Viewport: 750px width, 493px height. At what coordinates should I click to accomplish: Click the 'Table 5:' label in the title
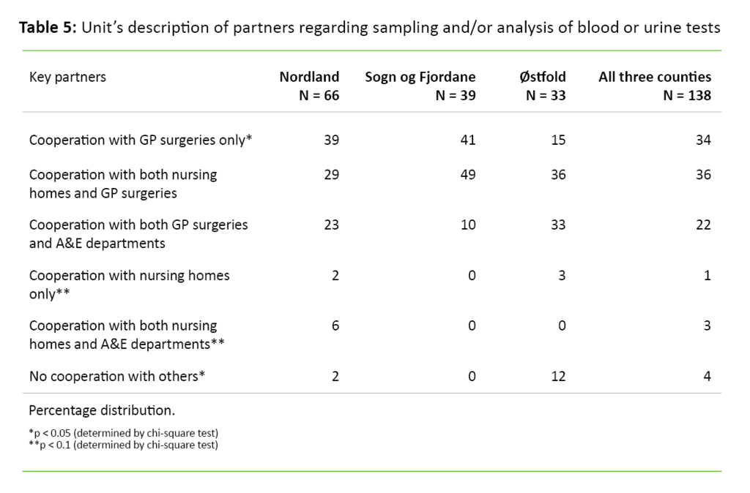[48, 29]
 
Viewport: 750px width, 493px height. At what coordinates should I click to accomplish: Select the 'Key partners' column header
[67, 77]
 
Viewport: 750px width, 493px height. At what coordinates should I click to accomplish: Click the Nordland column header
[309, 77]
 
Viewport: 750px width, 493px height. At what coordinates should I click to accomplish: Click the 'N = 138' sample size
[686, 95]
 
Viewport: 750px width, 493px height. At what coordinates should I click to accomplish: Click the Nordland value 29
[331, 175]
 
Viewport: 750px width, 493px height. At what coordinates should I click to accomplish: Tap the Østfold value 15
[558, 140]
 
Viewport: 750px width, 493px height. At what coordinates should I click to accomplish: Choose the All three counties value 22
[703, 225]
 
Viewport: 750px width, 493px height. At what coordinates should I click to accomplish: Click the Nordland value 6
[335, 325]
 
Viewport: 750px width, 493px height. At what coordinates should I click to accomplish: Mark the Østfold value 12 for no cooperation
[558, 376]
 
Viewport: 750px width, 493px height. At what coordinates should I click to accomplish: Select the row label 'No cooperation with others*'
[117, 376]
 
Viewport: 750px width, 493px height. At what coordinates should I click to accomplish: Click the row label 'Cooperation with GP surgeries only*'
[141, 140]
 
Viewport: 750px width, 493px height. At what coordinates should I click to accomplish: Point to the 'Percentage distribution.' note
[102, 410]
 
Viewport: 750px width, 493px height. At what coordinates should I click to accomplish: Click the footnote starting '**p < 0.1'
[123, 444]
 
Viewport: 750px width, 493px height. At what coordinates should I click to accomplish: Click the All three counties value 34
[703, 140]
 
